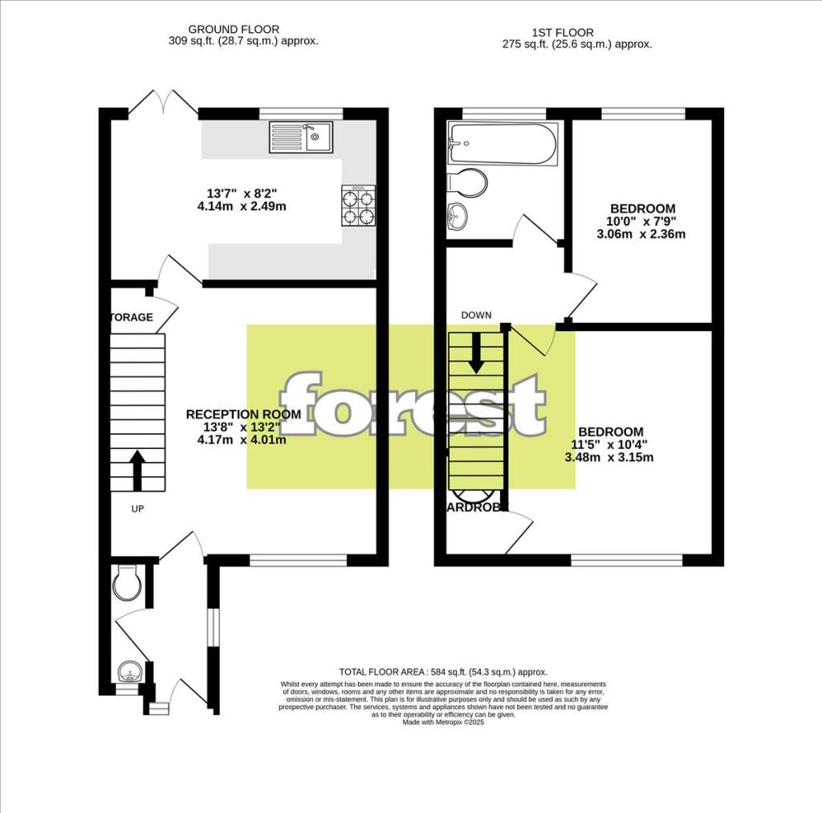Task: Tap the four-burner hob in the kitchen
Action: [x=359, y=206]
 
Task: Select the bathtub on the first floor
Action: [x=503, y=145]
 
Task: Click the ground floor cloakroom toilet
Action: [x=128, y=582]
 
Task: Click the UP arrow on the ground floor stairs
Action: [x=136, y=470]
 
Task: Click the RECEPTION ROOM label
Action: [x=243, y=415]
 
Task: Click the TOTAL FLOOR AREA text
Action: [x=443, y=672]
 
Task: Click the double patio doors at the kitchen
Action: [x=164, y=104]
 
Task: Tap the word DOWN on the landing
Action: [x=476, y=315]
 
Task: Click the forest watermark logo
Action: [x=411, y=406]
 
